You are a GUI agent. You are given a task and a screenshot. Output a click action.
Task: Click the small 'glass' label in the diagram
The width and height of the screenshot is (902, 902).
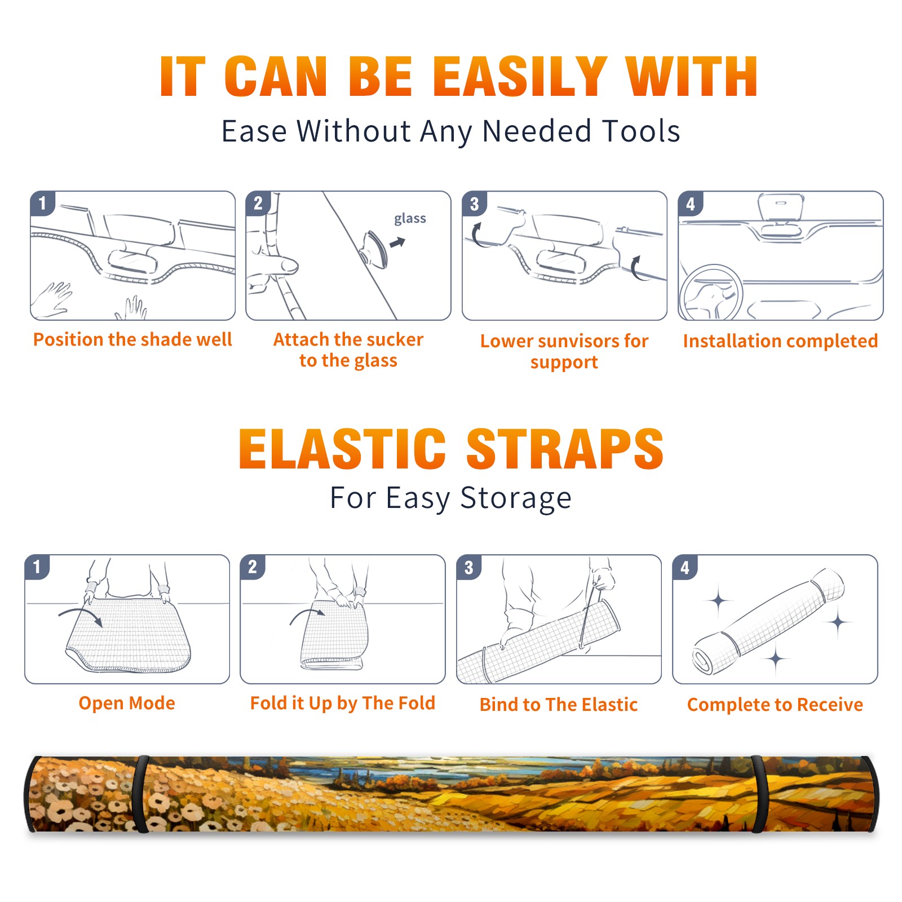click(410, 219)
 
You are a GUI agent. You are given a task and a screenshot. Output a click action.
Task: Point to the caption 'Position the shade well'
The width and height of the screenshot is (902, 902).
click(132, 339)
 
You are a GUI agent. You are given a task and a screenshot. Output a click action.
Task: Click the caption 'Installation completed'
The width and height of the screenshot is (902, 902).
click(780, 341)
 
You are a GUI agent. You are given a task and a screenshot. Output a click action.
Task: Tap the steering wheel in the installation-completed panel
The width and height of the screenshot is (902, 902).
click(710, 293)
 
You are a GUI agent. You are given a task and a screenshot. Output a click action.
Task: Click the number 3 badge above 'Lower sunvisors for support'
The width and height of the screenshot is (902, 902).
click(475, 204)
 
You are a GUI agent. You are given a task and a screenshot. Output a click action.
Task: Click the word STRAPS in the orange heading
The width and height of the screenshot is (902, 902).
click(565, 449)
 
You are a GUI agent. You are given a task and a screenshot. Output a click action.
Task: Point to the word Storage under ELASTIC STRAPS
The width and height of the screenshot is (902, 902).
click(516, 498)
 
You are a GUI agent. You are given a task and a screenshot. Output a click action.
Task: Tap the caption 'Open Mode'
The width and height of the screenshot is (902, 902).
click(127, 703)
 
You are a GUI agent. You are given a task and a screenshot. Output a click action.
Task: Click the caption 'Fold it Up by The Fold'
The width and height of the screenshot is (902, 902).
click(343, 703)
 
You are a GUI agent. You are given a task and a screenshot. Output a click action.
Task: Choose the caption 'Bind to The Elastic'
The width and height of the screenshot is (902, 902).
click(559, 704)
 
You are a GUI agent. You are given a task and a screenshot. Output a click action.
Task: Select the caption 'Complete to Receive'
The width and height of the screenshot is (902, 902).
click(775, 705)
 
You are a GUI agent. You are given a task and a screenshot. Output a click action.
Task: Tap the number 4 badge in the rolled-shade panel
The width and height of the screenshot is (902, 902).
click(685, 568)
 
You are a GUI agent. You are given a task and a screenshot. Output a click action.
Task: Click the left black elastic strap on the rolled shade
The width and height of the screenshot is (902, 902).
click(140, 794)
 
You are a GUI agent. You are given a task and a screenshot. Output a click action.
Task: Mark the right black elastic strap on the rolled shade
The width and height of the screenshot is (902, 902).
click(759, 794)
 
